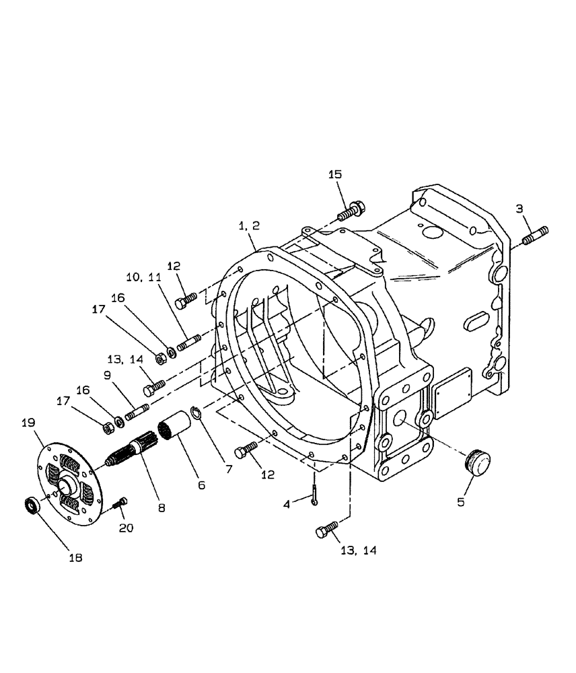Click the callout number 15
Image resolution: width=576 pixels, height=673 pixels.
point(336,175)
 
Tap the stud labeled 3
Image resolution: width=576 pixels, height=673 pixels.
point(536,236)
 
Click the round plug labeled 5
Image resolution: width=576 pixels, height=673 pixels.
point(476,464)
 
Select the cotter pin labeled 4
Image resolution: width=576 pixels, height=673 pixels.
point(316,489)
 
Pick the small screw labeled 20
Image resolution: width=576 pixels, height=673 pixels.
point(120,502)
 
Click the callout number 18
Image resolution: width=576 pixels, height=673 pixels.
point(76,558)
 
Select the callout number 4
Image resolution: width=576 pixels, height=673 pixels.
point(286,503)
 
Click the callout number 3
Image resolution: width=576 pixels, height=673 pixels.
point(519,209)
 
